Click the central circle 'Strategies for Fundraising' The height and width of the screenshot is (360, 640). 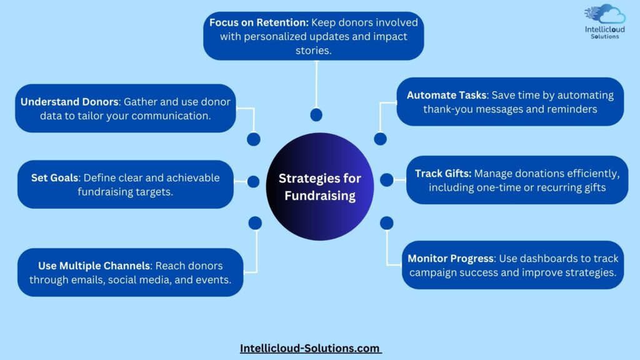point(319,186)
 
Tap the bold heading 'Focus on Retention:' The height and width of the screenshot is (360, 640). point(259,22)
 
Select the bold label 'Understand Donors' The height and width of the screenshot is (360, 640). point(69,102)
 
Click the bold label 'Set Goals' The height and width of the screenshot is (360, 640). point(55,178)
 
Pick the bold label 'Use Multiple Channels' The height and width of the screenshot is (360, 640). point(94,266)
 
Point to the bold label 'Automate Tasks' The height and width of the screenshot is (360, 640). point(446,95)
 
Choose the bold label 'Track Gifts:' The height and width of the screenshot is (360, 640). point(443,174)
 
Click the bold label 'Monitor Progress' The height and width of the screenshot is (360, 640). point(451,258)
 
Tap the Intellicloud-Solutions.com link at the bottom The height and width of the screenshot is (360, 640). point(310,348)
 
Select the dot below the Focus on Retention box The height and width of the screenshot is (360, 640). point(316,115)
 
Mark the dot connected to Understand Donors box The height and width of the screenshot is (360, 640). point(254,139)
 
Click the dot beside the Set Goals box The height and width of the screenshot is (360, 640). point(253,182)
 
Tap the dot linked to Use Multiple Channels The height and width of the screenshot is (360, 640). point(255,223)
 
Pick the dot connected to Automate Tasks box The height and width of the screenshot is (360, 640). point(380,139)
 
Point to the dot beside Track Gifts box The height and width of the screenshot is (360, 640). point(386,179)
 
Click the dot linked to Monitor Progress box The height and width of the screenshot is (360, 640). point(386,223)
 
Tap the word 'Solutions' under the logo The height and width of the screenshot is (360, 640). point(605,36)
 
